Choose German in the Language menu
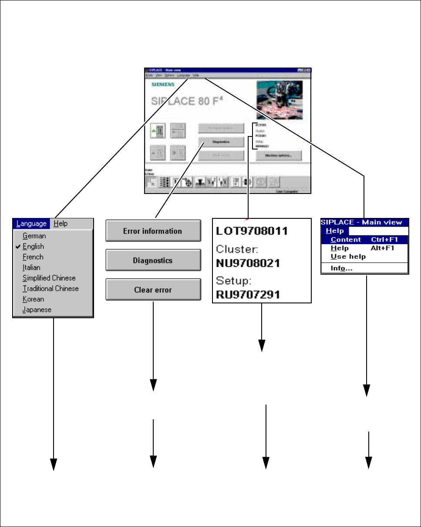pyautogui.click(x=34, y=236)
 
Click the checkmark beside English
pyautogui.click(x=17, y=246)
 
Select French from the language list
pyautogui.click(x=33, y=257)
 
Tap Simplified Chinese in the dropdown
pyautogui.click(x=49, y=278)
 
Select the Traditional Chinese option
pyautogui.click(x=51, y=288)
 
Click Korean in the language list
pyautogui.click(x=33, y=299)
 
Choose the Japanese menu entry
pyautogui.click(x=37, y=309)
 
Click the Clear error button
pyautogui.click(x=153, y=290)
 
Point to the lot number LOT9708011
pyautogui.click(x=252, y=231)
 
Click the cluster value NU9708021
pyautogui.click(x=250, y=263)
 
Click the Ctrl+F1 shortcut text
pyautogui.click(x=384, y=240)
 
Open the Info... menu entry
pyautogui.click(x=341, y=269)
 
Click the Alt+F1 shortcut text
pyautogui.click(x=382, y=248)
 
